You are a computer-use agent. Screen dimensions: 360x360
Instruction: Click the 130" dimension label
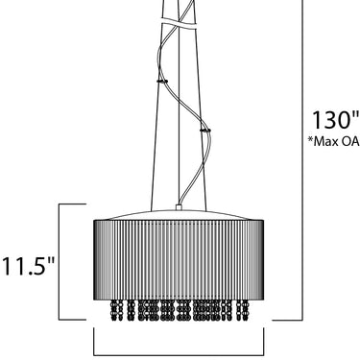pyautogui.click(x=335, y=120)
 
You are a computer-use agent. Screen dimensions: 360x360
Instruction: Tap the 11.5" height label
pyautogui.click(x=29, y=266)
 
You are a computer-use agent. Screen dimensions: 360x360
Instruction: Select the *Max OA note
pyautogui.click(x=334, y=141)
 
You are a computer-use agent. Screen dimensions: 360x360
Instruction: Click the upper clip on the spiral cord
pyautogui.click(x=162, y=81)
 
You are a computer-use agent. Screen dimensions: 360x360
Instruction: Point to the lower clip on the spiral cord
pyautogui.click(x=204, y=130)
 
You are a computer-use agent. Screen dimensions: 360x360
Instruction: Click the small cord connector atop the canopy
pyautogui.click(x=179, y=207)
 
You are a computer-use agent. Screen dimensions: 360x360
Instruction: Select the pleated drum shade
pyautogui.click(x=179, y=259)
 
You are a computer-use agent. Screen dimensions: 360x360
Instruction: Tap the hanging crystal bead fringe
pyautogui.click(x=180, y=310)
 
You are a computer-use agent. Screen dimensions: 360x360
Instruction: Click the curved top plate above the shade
pyautogui.click(x=179, y=215)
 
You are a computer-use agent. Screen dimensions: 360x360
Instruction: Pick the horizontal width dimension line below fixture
pyautogui.click(x=179, y=355)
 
